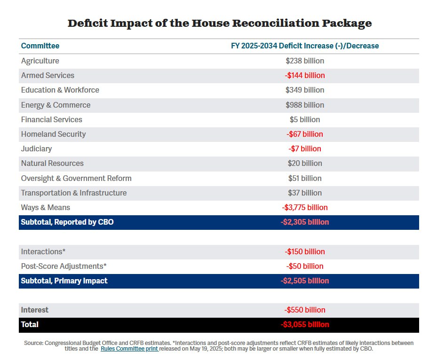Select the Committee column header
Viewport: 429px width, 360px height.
(x=40, y=46)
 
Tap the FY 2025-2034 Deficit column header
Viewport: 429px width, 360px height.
(x=305, y=46)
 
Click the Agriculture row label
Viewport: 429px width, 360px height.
(x=40, y=61)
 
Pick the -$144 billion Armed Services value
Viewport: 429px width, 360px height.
(x=305, y=75)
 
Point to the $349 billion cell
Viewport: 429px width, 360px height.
(x=305, y=90)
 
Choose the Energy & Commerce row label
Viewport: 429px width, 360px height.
(x=56, y=105)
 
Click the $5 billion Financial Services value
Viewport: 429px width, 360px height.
(x=305, y=119)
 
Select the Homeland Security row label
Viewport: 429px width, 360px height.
(x=53, y=134)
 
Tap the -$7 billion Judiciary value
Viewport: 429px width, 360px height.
(x=305, y=149)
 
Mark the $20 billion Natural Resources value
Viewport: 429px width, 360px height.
(x=305, y=163)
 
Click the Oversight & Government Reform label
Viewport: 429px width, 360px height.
(x=76, y=178)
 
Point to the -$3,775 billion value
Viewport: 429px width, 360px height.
(x=305, y=207)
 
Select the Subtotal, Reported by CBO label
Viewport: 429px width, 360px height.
(x=67, y=222)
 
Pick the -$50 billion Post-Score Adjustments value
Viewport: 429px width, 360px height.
(x=305, y=266)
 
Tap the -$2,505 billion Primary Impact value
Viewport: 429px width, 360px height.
(x=305, y=281)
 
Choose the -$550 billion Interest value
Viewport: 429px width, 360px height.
(x=305, y=310)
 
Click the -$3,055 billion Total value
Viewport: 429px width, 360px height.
(x=305, y=325)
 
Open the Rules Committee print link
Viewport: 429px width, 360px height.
(x=129, y=349)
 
